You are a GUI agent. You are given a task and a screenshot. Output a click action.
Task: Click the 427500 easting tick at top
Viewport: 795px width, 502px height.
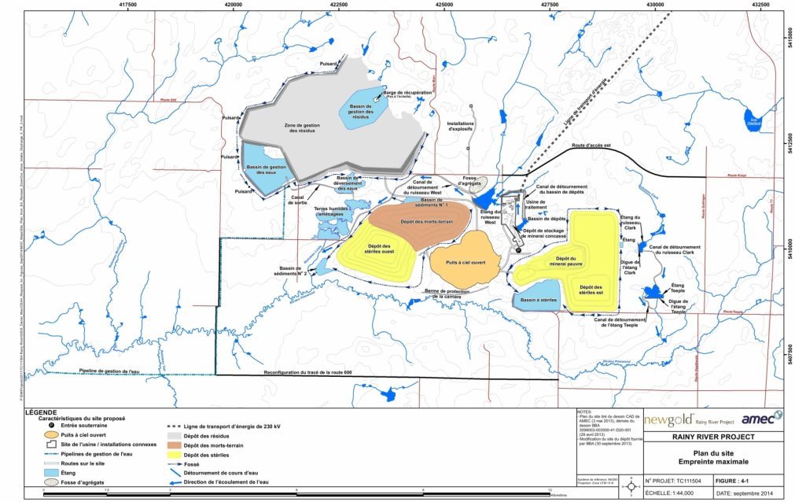(x=550, y=5)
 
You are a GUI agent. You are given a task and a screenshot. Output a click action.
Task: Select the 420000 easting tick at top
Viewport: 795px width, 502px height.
(x=234, y=5)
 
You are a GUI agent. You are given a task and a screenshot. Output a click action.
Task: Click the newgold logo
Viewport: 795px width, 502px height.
(x=666, y=419)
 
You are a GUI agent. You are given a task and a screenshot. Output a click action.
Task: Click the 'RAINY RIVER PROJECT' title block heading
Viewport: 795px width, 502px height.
(x=714, y=437)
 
